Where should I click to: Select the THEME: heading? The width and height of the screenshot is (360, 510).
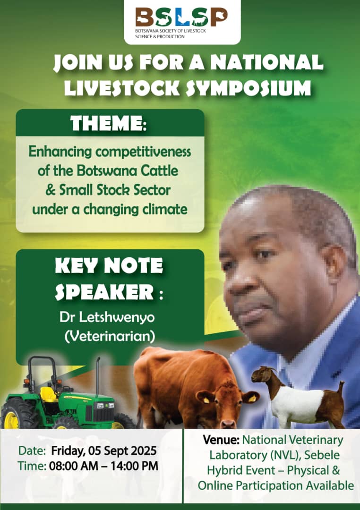coord(108,123)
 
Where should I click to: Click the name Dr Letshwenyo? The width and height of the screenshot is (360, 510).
coord(107,318)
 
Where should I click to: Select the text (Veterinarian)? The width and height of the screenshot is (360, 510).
coord(110,336)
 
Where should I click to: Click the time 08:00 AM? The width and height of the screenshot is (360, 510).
coord(74,466)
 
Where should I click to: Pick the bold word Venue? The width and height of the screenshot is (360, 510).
coord(221,440)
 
